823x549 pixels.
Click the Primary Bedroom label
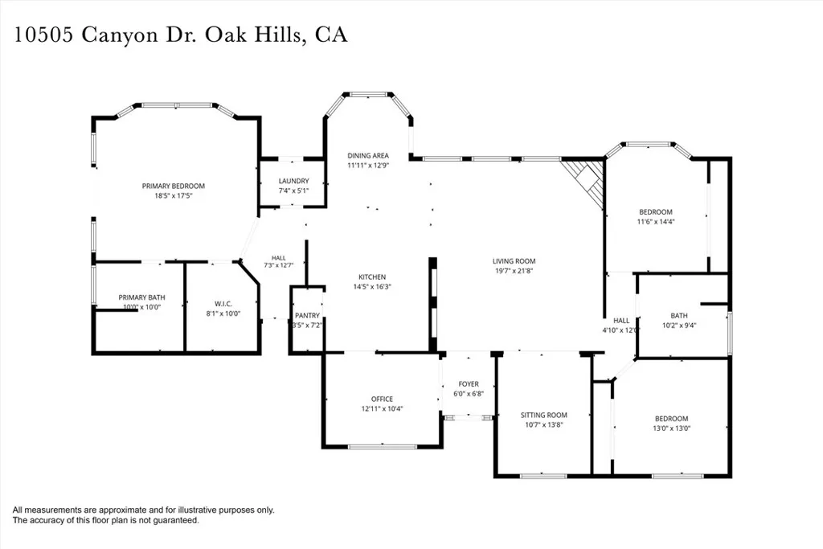point(174,186)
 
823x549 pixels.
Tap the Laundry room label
point(294,181)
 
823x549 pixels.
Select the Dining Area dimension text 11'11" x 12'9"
point(368,166)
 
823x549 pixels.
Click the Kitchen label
point(372,277)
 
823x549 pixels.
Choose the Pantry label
point(307,315)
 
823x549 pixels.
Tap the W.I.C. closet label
point(223,304)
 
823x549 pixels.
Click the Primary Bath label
point(141,297)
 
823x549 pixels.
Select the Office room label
point(382,399)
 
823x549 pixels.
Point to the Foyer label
point(469,384)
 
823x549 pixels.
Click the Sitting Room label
point(544,415)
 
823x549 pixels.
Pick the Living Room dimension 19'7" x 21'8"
point(514,271)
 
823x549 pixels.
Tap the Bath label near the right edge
point(679,315)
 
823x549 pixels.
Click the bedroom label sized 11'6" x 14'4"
point(656,212)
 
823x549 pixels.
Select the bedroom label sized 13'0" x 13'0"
point(671,419)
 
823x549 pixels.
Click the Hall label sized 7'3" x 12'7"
point(279,258)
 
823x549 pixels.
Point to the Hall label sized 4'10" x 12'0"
point(621,321)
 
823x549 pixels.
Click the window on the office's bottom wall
point(382,447)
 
